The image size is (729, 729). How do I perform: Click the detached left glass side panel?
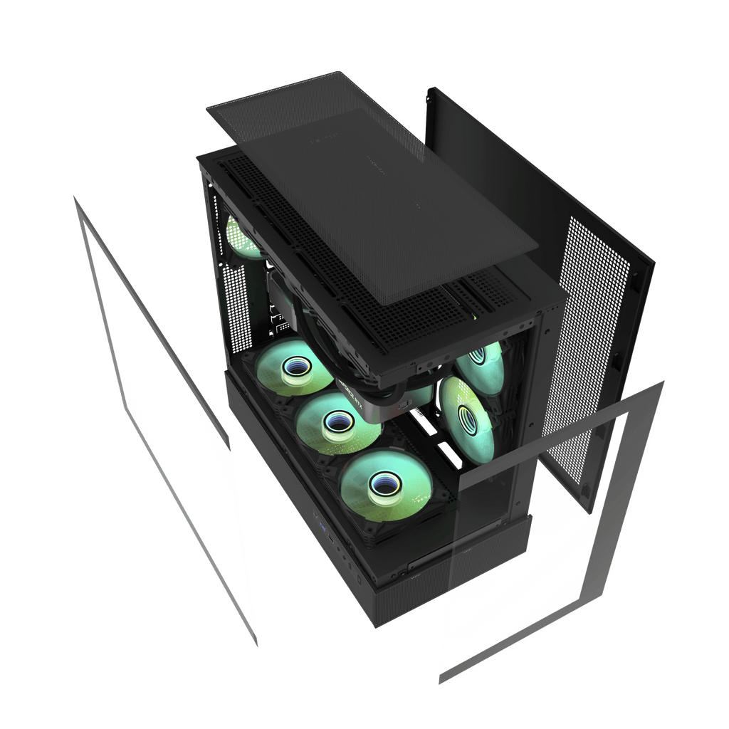point(164,413)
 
